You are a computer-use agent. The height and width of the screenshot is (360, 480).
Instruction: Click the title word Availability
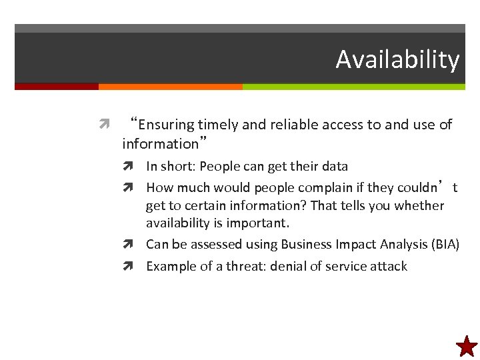(397, 59)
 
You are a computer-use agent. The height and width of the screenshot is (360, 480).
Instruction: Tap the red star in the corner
(467, 347)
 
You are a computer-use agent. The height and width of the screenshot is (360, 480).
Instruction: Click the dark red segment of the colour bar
(57, 87)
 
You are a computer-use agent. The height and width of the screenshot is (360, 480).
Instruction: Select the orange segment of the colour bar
(170, 87)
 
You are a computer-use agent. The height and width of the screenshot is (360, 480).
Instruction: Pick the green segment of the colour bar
(353, 87)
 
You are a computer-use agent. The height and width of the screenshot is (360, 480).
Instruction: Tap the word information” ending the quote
(164, 143)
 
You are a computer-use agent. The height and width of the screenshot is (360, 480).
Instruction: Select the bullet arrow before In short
(135, 167)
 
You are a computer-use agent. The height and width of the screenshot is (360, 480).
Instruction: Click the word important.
(257, 222)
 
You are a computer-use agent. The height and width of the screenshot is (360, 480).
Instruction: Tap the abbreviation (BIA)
(444, 244)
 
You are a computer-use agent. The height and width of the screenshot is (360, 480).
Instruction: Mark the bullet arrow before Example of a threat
(135, 267)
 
